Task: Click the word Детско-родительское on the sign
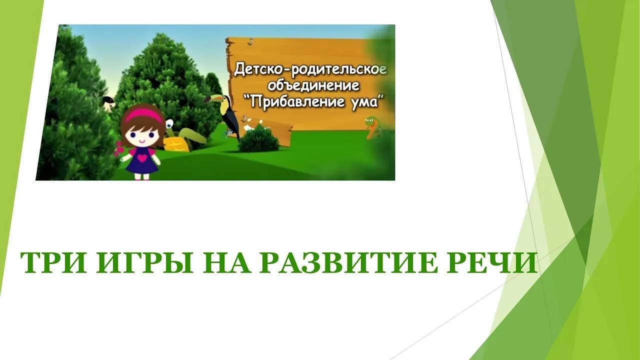click(x=310, y=69)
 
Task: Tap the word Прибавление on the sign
click(x=294, y=101)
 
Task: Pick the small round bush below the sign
click(x=258, y=139)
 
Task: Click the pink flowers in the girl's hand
click(x=118, y=148)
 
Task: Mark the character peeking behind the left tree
click(x=107, y=102)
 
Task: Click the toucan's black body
click(x=231, y=117)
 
